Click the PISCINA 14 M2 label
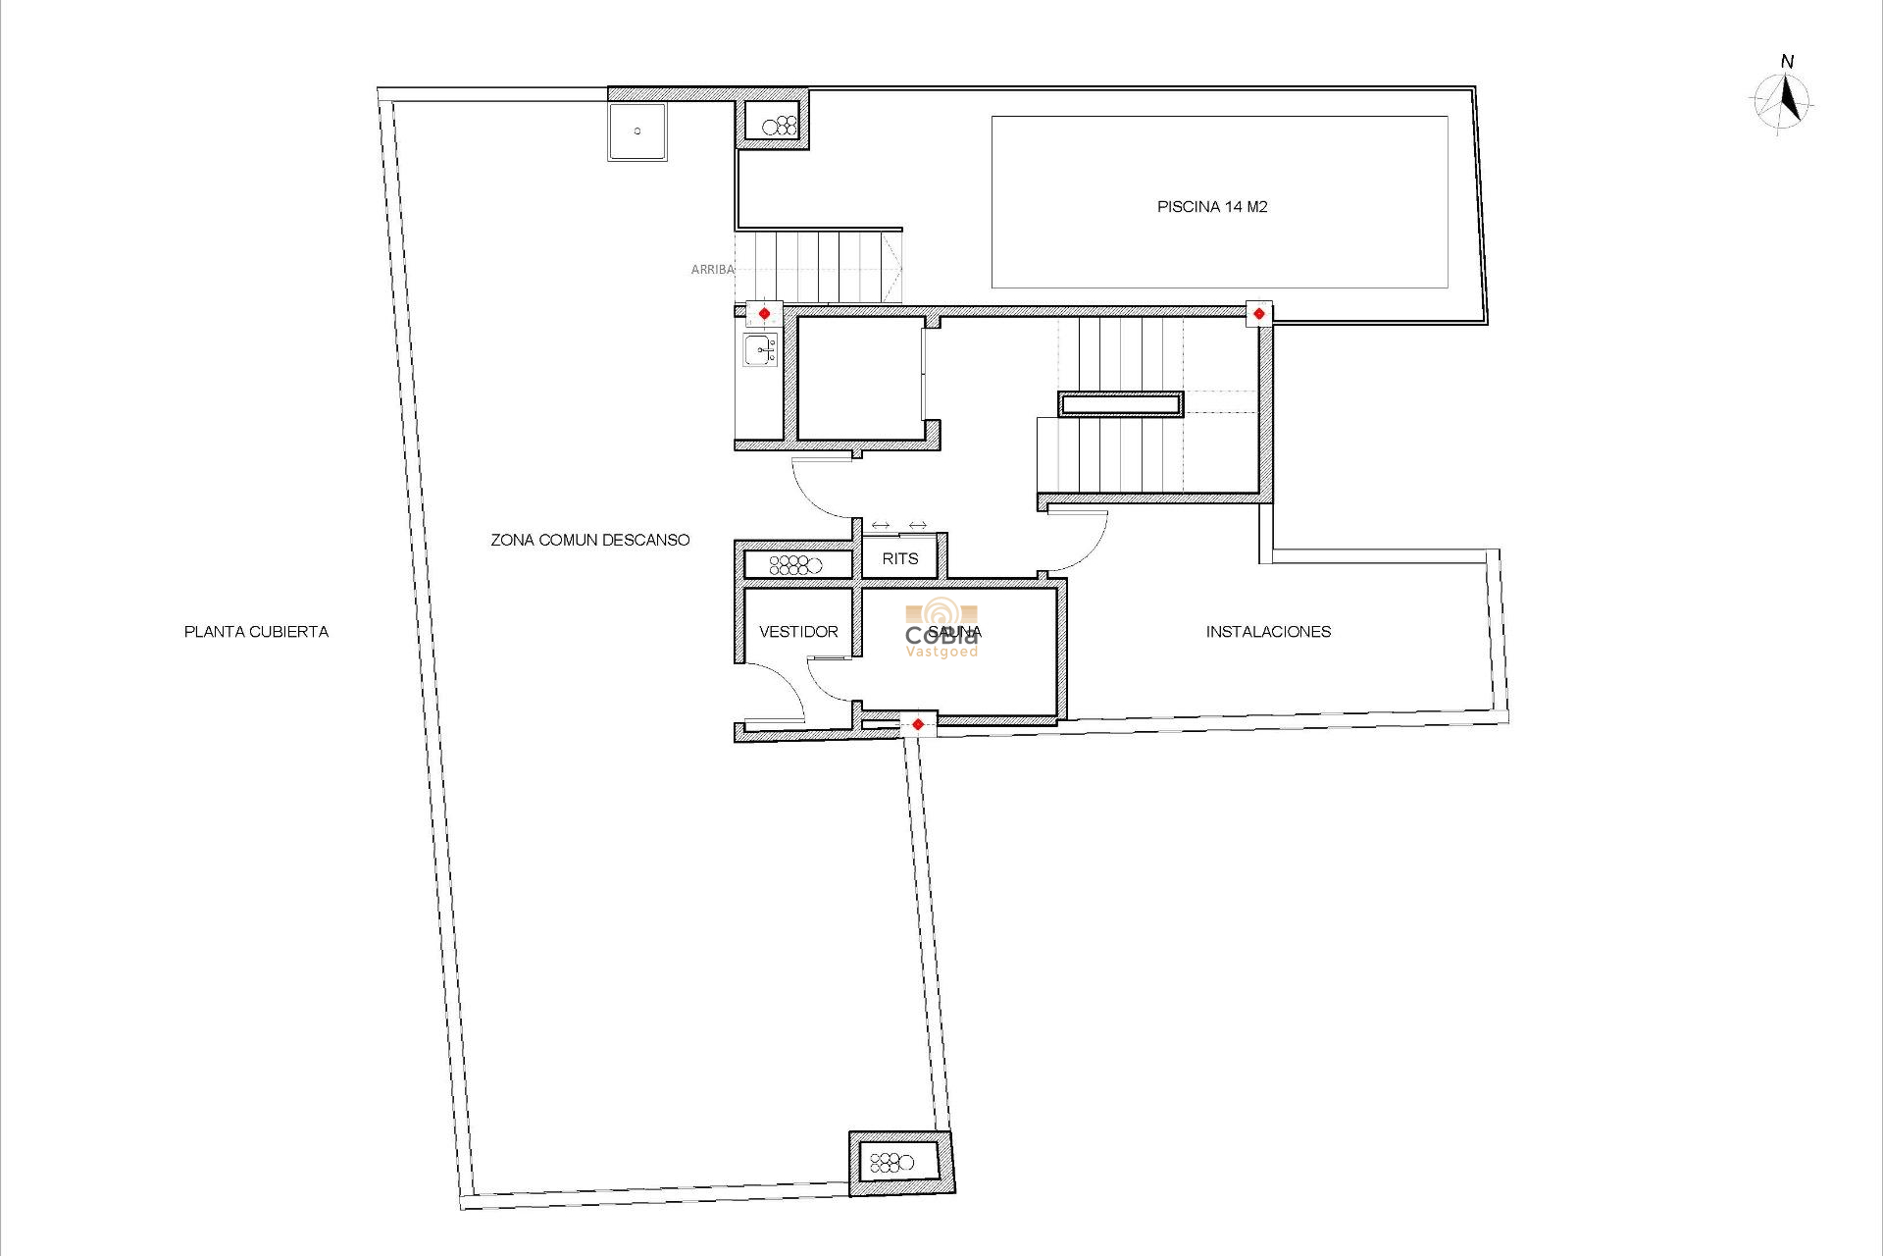1212,207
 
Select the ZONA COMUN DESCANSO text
589,540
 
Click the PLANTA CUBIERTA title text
256,632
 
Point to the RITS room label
899,558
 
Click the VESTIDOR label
798,632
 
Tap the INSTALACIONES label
1268,632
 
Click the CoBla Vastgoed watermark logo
941,630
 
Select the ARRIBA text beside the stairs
712,269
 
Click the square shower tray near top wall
637,131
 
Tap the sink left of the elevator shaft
760,348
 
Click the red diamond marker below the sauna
918,725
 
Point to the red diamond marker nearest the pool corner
1258,314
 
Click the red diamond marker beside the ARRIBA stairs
764,314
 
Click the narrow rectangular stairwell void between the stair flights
1120,403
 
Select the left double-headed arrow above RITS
880,526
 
